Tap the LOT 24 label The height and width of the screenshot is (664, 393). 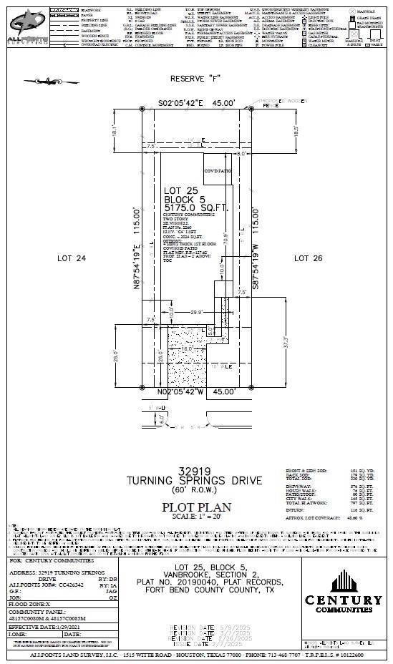click(x=71, y=258)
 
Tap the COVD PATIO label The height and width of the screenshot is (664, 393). click(x=218, y=172)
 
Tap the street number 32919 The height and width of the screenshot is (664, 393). click(x=196, y=472)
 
